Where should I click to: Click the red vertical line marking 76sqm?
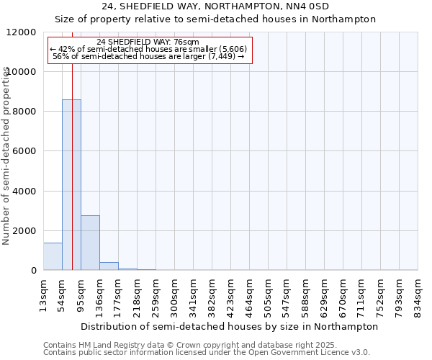click(73, 180)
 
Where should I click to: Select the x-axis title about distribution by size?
click(230, 326)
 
